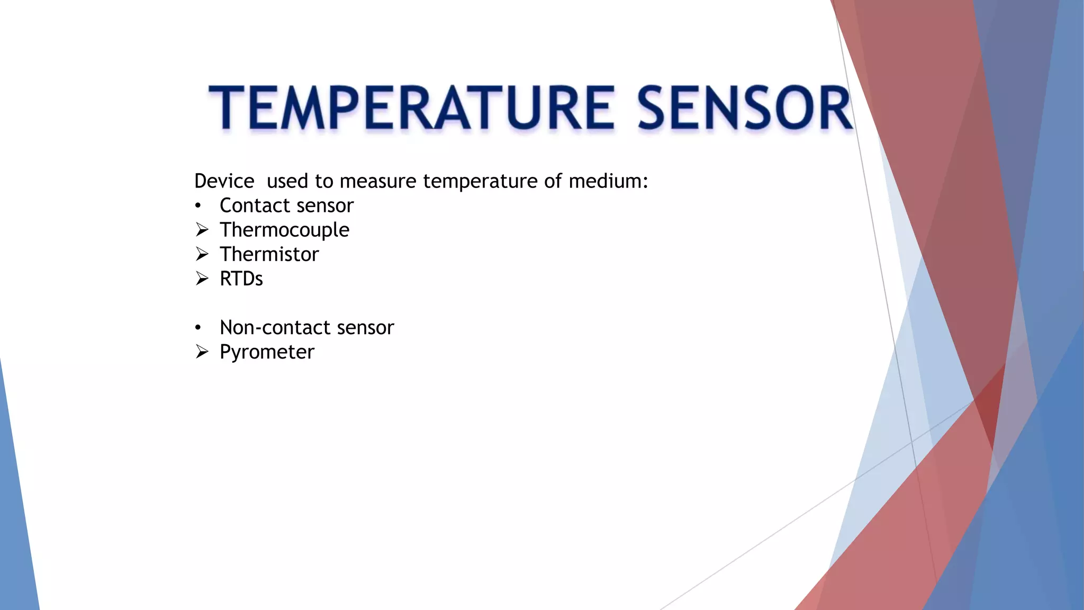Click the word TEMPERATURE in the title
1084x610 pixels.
[x=411, y=108]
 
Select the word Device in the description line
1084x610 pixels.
[x=224, y=181]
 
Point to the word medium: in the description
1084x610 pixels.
[x=608, y=181]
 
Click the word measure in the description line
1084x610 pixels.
[x=378, y=181]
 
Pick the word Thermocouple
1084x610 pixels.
[x=284, y=230]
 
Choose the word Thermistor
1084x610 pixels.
[x=269, y=254]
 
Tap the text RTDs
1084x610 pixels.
[x=241, y=279]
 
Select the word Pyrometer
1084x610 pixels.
[x=267, y=352]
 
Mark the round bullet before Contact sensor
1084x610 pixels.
[x=198, y=206]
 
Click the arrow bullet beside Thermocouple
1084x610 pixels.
[x=202, y=230]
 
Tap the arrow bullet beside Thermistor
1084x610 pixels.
[x=202, y=254]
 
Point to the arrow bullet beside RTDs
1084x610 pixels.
[x=202, y=279]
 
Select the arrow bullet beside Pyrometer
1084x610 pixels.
[x=202, y=352]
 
